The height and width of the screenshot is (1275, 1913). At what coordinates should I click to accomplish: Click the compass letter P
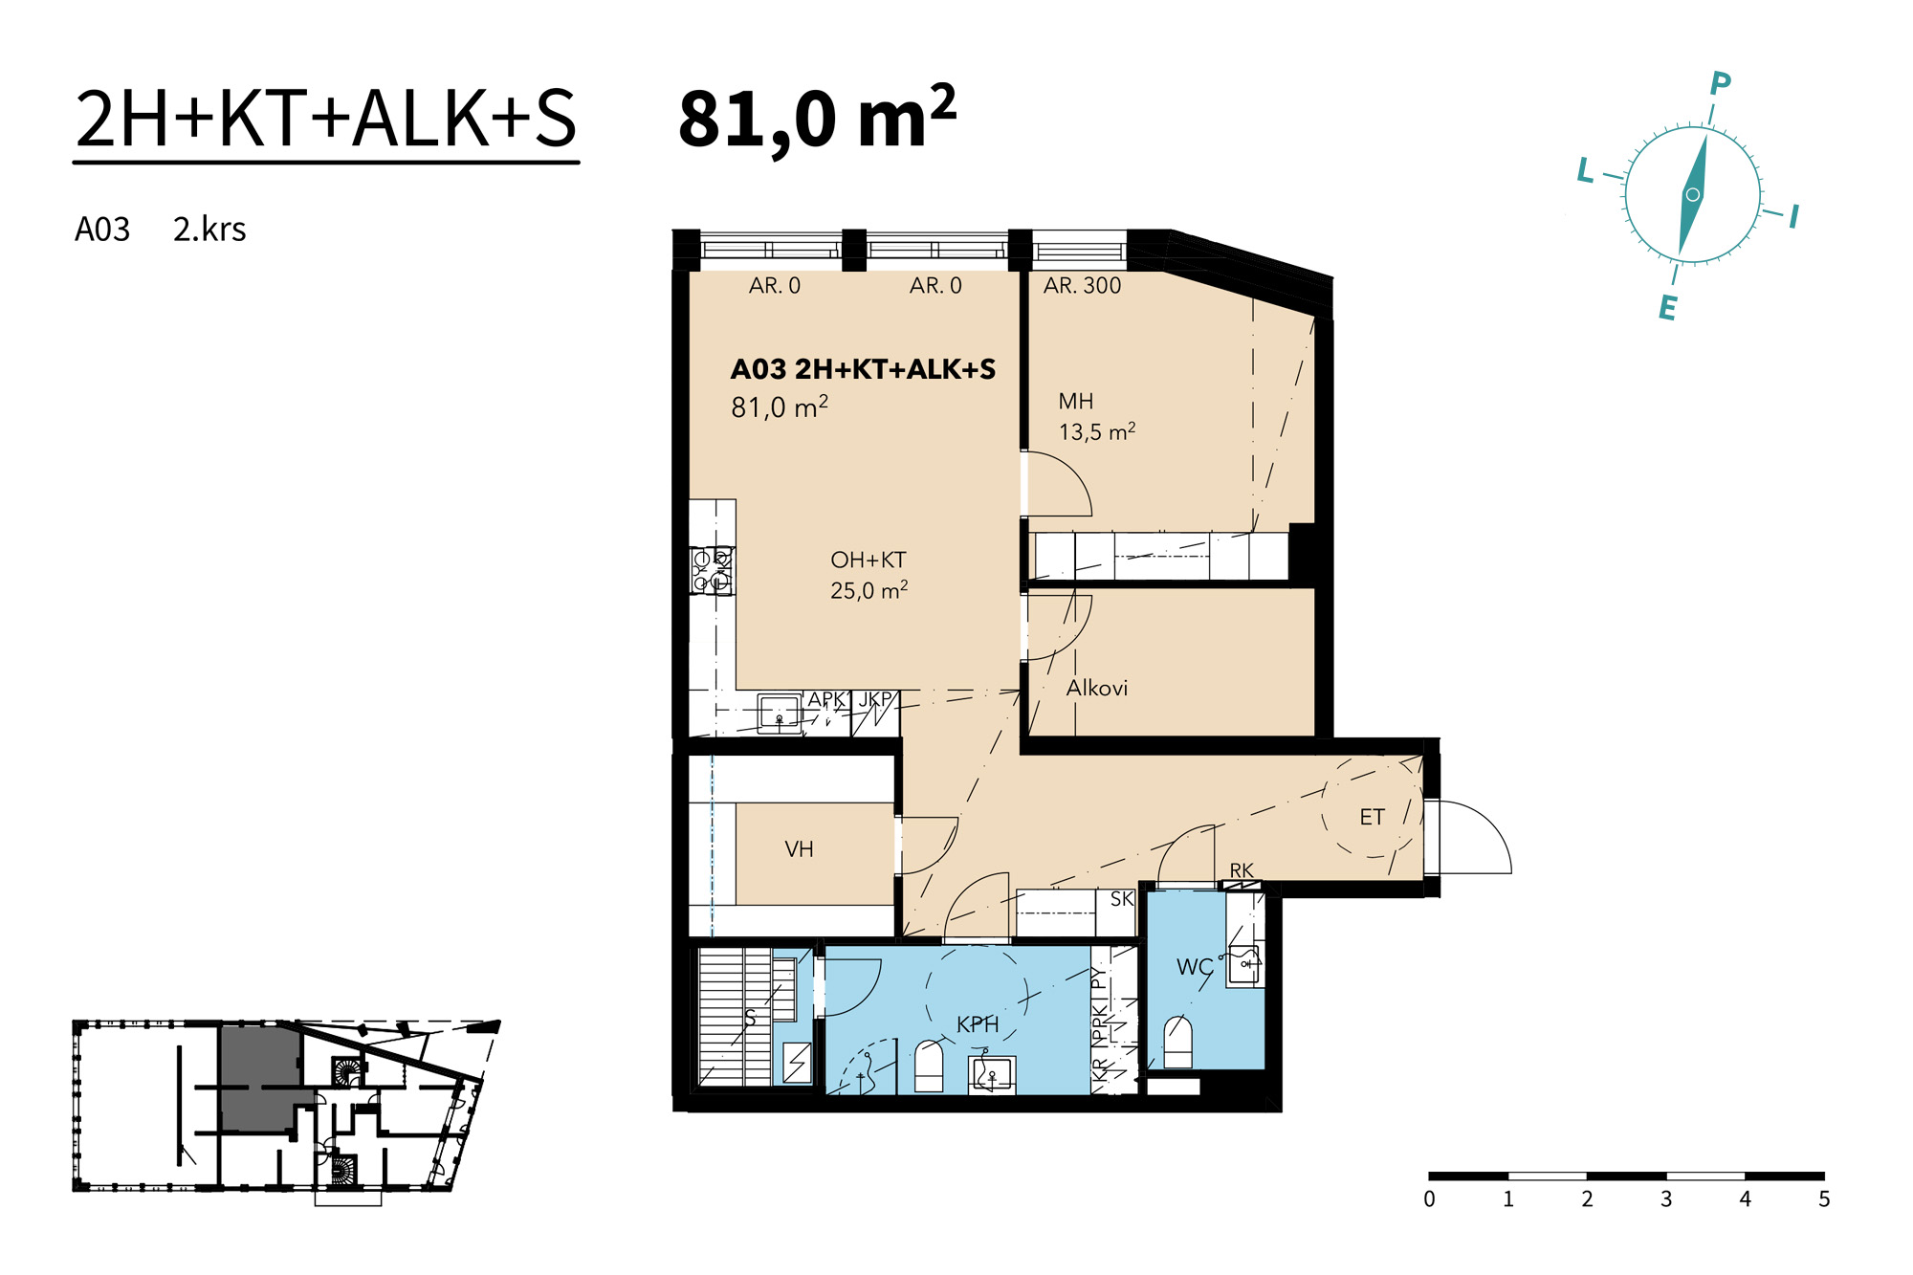[1720, 84]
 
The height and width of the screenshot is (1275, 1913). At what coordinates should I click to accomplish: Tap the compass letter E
[1667, 307]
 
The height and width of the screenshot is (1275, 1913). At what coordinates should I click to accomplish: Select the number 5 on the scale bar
[1824, 1198]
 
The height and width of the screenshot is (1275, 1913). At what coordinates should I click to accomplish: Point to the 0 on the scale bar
[1429, 1198]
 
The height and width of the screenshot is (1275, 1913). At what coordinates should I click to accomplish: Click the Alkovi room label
[1097, 688]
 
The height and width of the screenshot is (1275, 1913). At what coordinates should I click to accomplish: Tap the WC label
[1195, 967]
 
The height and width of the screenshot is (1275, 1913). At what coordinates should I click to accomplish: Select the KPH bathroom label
[978, 1024]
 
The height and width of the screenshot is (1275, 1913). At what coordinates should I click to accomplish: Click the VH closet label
[799, 849]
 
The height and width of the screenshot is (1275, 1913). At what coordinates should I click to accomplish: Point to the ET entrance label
[1372, 817]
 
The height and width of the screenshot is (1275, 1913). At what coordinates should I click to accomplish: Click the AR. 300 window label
[1082, 285]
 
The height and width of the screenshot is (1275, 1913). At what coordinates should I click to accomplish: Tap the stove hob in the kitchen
[713, 570]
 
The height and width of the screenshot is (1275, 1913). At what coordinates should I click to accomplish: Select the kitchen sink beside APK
[779, 714]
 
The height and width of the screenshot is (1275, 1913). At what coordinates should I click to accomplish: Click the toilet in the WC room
[1178, 1042]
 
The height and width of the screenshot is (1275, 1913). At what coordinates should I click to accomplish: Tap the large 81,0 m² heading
[817, 118]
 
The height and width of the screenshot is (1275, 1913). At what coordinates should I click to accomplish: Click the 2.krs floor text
[209, 230]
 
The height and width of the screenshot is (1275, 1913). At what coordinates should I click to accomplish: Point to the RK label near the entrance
[1242, 870]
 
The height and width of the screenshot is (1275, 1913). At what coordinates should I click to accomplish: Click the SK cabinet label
[1122, 899]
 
